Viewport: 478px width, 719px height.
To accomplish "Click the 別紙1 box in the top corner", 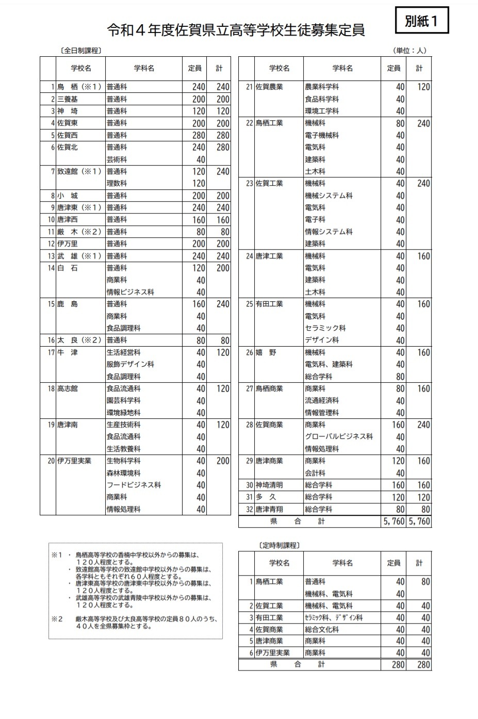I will coord(421,21).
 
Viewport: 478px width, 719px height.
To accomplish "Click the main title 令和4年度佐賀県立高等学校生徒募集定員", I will coord(236,30).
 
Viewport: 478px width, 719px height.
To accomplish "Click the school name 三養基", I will coord(68,99).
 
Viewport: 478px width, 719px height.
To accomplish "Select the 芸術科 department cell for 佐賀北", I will coord(117,159).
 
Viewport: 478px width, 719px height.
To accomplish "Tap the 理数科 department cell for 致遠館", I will coord(117,183).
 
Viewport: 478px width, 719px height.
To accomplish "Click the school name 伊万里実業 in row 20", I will coord(74,461).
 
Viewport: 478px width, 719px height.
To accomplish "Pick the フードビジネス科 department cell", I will coord(134,485).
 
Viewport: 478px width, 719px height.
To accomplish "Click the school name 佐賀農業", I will coord(269,87).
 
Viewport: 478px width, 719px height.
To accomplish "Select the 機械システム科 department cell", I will coord(328,195).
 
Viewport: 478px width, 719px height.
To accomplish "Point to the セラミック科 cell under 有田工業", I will coord(325,328).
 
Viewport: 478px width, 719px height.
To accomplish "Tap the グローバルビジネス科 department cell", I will coord(339,436).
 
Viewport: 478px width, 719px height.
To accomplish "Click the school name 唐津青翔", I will coord(269,509).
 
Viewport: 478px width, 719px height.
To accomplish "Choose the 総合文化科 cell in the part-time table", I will coord(322,629).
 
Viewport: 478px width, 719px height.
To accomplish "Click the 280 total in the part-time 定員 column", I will coord(398,665).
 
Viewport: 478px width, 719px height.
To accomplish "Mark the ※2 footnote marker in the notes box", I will coord(57,619).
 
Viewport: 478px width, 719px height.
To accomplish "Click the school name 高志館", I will coord(68,388).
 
